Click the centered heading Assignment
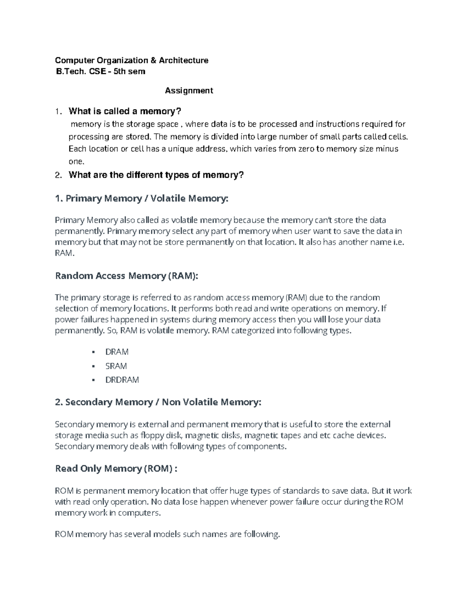click(x=189, y=91)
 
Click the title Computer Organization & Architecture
click(x=132, y=60)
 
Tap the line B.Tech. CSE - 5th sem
click(x=101, y=72)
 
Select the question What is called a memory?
click(x=125, y=112)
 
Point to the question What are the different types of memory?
click(x=156, y=175)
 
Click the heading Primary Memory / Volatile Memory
click(x=142, y=199)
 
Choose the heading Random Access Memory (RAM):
click(x=126, y=276)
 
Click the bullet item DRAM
click(x=117, y=352)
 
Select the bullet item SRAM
click(x=116, y=366)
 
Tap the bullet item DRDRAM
click(x=122, y=380)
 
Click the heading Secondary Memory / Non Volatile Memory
click(x=158, y=402)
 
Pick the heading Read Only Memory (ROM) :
click(x=116, y=469)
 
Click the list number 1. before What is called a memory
click(x=58, y=112)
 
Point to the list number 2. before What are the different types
click(x=58, y=175)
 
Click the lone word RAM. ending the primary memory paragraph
click(x=64, y=253)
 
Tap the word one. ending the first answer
click(x=76, y=161)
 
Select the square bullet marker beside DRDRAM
click(x=93, y=380)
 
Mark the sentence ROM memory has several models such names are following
click(x=167, y=534)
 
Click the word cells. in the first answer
click(x=399, y=137)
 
